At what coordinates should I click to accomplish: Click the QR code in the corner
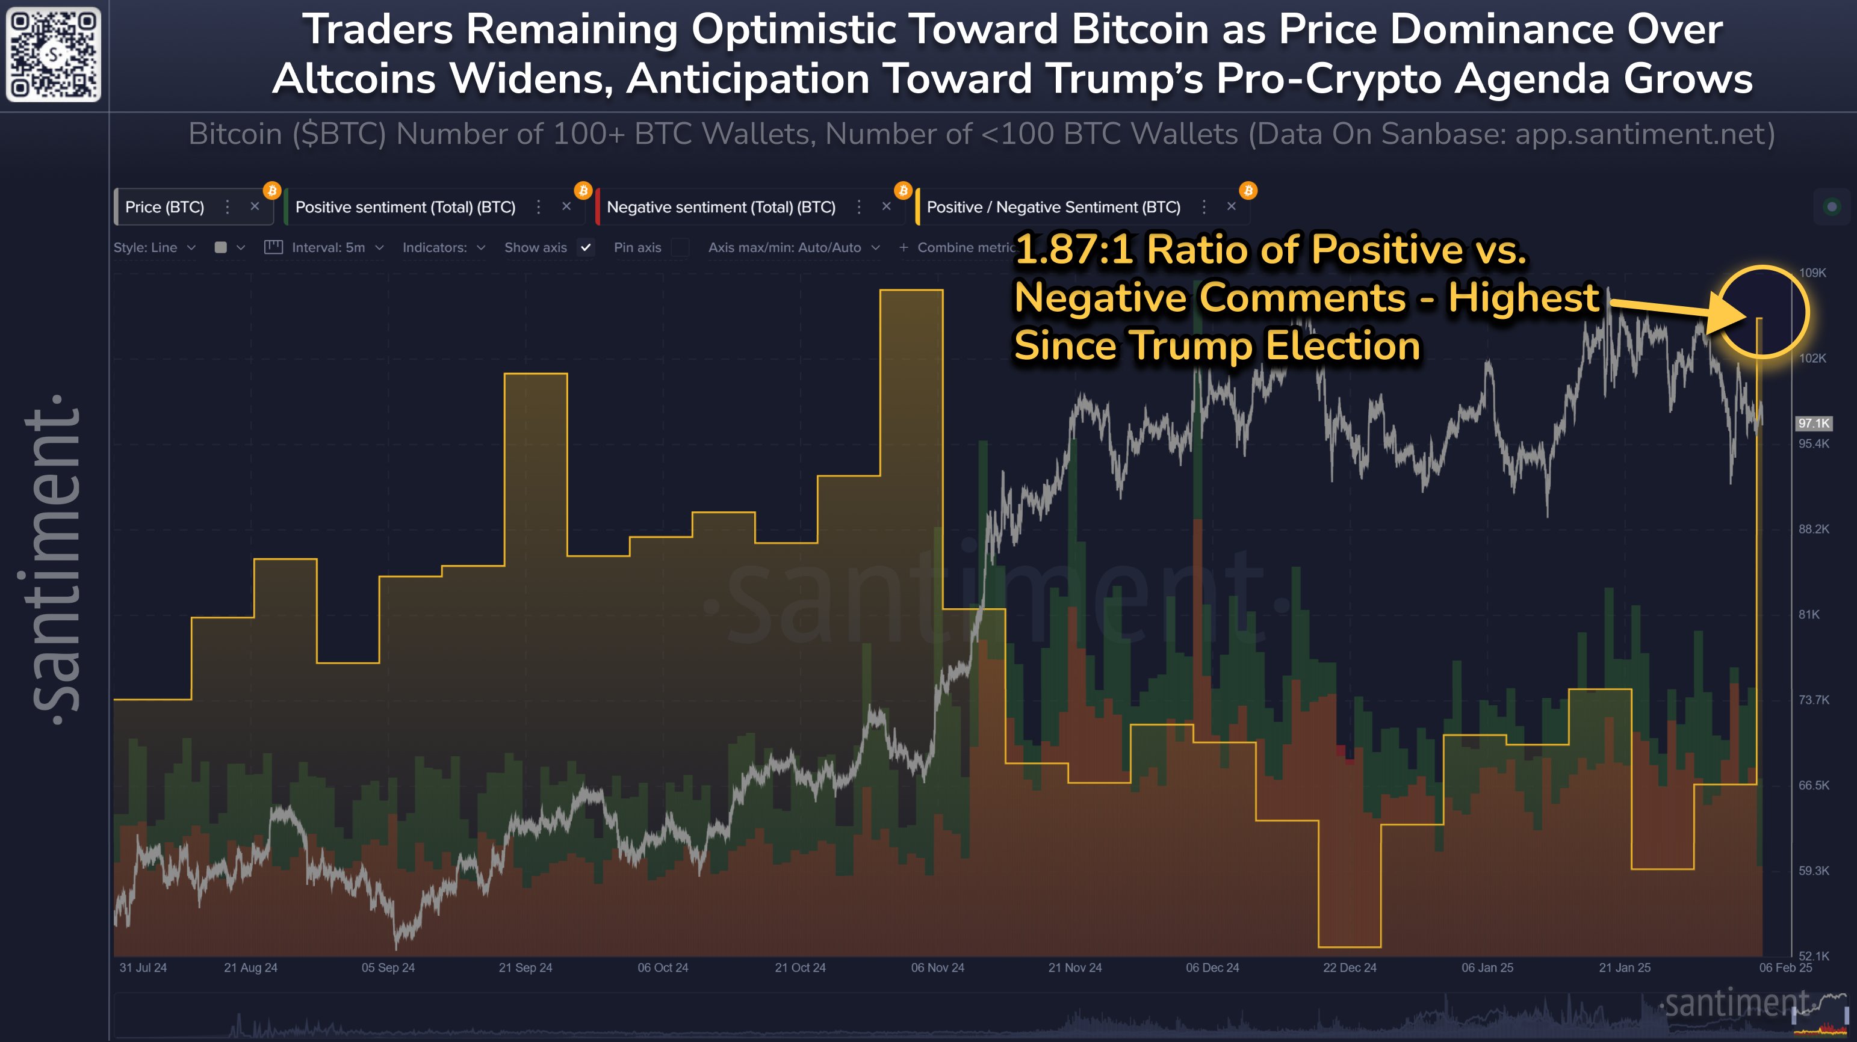54,54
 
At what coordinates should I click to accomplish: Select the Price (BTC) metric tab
164,208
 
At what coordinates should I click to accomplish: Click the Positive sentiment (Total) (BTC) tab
405,208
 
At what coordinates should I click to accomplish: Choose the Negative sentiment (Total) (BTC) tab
721,208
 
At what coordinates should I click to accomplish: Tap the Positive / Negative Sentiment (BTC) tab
1053,208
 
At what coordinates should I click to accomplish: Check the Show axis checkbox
586,247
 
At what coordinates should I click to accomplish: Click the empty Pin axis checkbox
678,247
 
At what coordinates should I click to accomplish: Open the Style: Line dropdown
153,247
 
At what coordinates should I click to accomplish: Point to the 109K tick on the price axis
1812,273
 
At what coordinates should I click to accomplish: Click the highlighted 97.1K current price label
1813,423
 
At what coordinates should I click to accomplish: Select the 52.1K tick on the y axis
1813,955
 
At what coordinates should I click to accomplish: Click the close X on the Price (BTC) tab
255,207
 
